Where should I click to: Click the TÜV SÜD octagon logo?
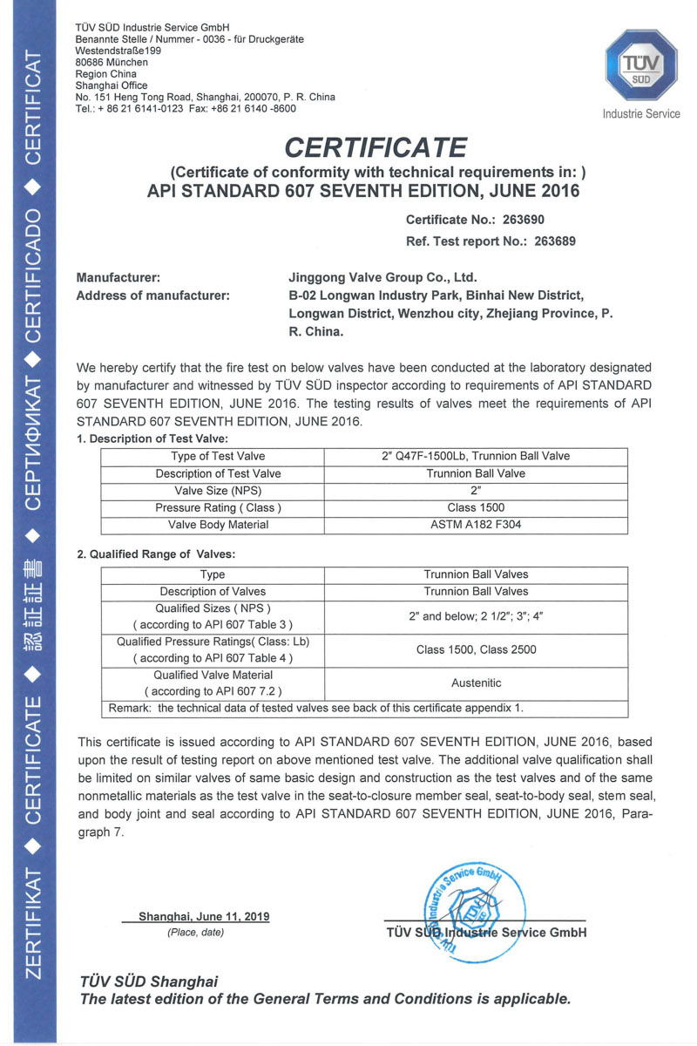tap(640, 65)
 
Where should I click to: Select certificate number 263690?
tap(518, 221)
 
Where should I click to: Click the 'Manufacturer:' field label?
tap(118, 277)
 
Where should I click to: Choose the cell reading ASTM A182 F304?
tap(476, 525)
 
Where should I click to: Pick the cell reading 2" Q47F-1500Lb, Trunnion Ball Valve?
tap(476, 456)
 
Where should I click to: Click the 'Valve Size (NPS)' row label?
tap(213, 491)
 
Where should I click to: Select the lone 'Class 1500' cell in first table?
tap(476, 508)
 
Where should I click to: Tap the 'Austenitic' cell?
tap(476, 683)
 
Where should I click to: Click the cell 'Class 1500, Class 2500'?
tap(476, 649)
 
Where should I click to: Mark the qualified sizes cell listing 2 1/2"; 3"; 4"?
tap(476, 615)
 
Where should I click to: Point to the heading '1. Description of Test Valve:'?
tap(152, 438)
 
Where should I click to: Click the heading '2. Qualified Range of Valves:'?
tap(156, 554)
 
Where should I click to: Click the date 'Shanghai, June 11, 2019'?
tap(204, 917)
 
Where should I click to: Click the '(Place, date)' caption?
tap(195, 933)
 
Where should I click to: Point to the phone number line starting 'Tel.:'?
tap(186, 109)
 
